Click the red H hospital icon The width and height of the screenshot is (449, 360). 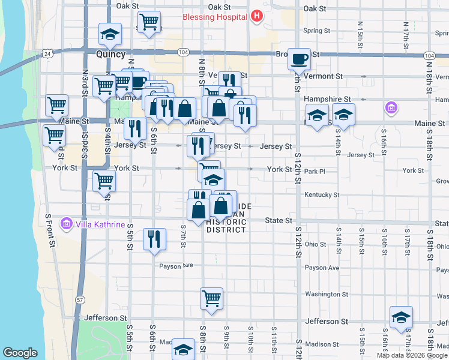258,16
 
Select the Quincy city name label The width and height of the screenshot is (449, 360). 110,54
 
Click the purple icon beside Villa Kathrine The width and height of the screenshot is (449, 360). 66,224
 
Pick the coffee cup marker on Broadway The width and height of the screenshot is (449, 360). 299,59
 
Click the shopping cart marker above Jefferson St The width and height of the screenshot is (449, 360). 211,298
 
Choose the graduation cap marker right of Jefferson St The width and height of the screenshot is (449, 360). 401,317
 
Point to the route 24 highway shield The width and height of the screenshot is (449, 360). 47,54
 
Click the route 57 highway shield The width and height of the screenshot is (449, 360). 80,299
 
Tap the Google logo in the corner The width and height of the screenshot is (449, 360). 20,353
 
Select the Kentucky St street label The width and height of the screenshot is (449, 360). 322,195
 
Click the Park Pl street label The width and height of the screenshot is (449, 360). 314,171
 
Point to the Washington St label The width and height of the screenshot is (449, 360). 322,294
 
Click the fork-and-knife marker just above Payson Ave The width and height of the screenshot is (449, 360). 154,239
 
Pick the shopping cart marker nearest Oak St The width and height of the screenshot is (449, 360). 148,22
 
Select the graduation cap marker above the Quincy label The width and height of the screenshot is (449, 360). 110,34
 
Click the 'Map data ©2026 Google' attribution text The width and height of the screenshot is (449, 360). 412,355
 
